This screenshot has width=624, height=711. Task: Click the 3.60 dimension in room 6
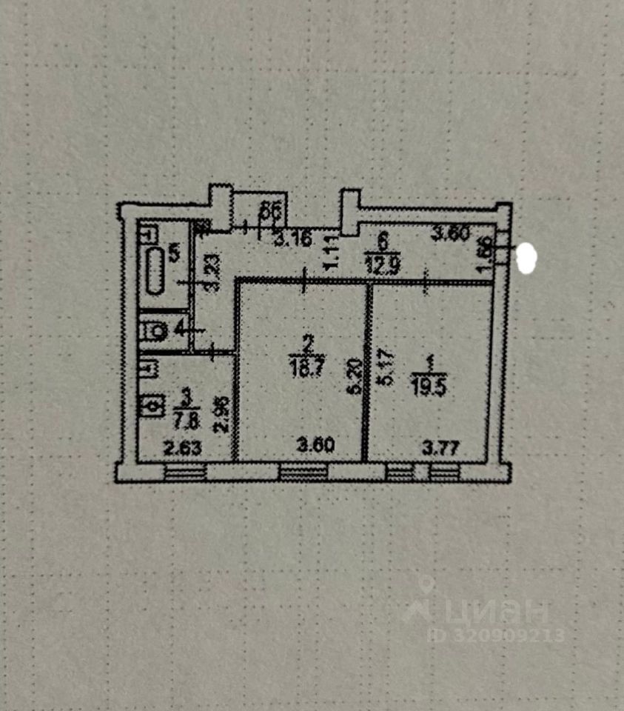tap(451, 235)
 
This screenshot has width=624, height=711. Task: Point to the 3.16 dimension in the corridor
tap(289, 240)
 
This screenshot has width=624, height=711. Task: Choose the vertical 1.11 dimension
tap(332, 253)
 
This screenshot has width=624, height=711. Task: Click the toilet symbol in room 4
tap(155, 331)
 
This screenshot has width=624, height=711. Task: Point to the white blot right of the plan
tap(529, 257)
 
